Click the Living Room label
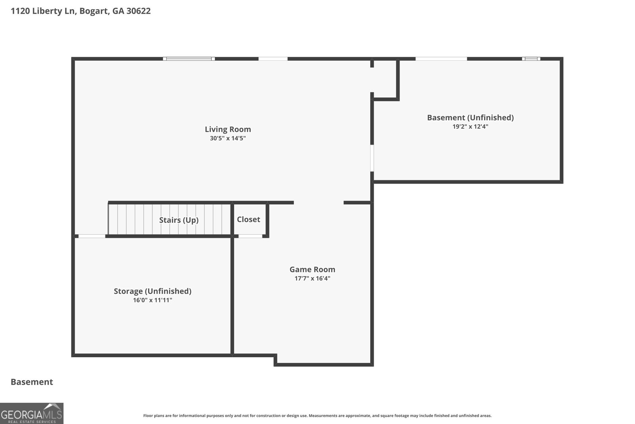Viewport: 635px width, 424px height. coord(228,129)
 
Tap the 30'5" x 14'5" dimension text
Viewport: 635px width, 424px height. coord(228,138)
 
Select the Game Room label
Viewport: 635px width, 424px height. coord(312,269)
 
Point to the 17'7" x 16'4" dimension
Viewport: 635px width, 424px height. coord(312,279)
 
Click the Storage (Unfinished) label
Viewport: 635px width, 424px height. coord(152,291)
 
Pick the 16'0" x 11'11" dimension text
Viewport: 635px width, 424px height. coord(152,300)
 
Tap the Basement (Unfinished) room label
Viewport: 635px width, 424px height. coord(470,118)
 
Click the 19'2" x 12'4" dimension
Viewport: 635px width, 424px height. coord(470,127)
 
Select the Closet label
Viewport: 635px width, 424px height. coord(248,219)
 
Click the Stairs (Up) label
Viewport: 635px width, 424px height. coord(179,220)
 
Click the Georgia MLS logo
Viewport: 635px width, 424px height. coord(32,413)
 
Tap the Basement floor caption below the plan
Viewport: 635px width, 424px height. coord(32,382)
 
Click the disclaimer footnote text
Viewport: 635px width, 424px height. coord(317,416)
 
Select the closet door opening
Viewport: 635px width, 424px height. coord(250,236)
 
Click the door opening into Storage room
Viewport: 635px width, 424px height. coord(92,236)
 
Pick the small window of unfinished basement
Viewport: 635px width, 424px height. coord(531,59)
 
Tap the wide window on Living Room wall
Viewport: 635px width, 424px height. coord(189,59)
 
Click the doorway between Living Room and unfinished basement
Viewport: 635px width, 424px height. coord(372,158)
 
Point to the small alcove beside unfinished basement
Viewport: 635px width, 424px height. coord(385,79)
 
